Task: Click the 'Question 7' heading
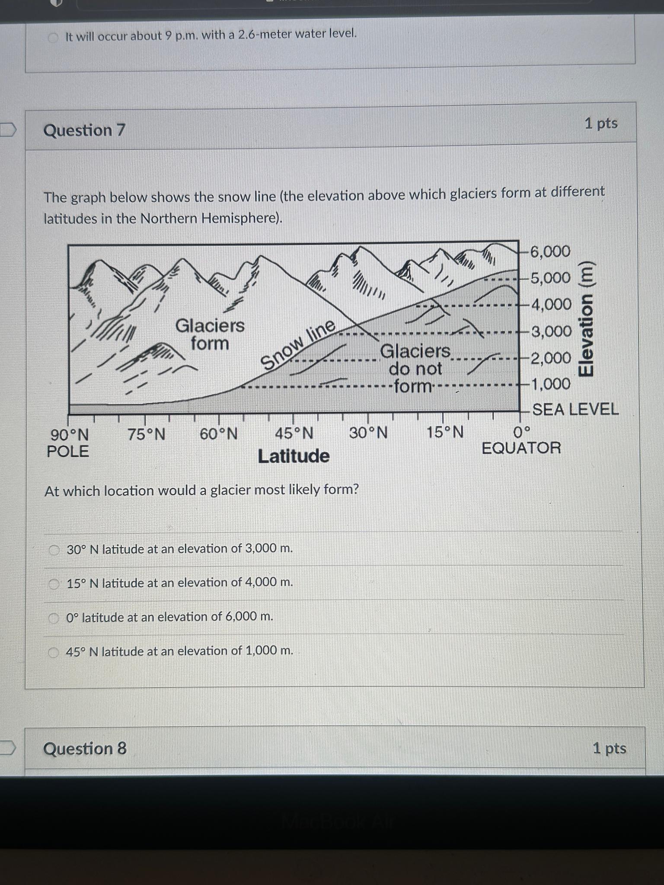pos(84,130)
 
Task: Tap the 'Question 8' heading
pos(85,748)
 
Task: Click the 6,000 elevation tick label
pos(550,251)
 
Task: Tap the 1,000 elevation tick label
pos(550,384)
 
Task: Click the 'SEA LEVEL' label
pos(575,409)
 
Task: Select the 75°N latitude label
pos(147,434)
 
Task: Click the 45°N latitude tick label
pos(294,433)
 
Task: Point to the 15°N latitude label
pos(445,432)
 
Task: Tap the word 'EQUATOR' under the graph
pos(521,448)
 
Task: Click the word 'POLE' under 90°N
pos(68,452)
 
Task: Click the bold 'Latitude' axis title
pos(294,456)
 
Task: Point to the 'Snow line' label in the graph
pos(299,344)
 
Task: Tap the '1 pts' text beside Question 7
pos(601,124)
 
